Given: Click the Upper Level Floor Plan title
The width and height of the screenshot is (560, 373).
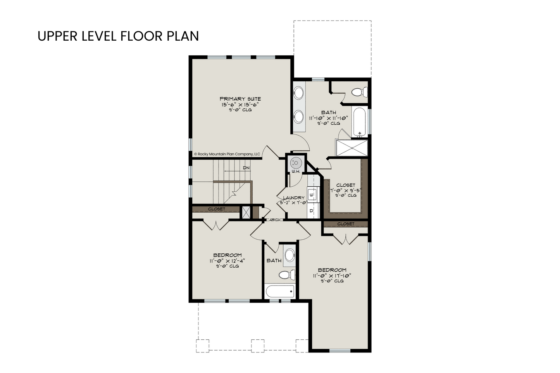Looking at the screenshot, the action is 118,36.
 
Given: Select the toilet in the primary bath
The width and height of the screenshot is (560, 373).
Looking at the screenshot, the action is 360,92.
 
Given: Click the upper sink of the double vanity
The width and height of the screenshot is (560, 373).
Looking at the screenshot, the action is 298,93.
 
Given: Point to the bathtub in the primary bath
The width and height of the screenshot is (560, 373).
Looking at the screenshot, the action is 360,122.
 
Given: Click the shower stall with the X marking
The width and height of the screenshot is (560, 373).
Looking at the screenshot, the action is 352,148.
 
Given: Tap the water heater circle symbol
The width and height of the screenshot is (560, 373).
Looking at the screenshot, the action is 296,163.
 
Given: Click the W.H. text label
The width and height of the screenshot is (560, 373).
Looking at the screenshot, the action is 296,172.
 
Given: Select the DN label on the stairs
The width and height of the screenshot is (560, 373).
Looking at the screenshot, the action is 246,168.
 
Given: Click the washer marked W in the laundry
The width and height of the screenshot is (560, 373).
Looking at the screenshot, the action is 312,194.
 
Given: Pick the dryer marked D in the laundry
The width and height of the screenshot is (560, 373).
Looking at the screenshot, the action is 312,211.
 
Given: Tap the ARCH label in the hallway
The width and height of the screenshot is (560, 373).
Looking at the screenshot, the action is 275,220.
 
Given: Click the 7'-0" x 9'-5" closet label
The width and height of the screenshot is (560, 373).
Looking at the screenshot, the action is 346,190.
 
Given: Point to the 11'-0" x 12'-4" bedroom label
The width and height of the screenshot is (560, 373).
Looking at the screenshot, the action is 227,261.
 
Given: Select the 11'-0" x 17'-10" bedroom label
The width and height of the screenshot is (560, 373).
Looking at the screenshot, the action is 332,275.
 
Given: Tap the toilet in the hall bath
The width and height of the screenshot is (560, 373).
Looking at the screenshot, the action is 287,275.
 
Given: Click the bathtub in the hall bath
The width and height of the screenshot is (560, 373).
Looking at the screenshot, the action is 280,291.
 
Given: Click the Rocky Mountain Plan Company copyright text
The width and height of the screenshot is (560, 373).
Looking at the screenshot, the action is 227,154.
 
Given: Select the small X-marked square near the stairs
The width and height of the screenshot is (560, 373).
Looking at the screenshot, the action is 246,213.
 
